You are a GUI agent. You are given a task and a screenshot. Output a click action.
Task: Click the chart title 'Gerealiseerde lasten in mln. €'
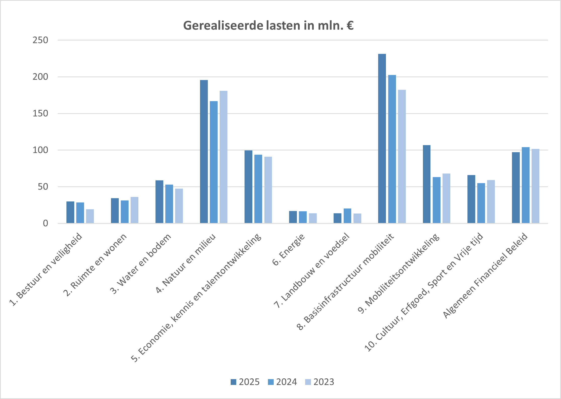click(268, 26)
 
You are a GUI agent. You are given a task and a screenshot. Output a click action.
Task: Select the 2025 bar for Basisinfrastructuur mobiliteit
click(382, 138)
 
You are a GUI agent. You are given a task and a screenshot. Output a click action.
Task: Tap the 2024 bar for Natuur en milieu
click(214, 162)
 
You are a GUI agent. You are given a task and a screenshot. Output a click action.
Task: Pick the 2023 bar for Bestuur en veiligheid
click(90, 216)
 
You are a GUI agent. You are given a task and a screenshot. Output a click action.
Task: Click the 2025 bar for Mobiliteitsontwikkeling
click(426, 184)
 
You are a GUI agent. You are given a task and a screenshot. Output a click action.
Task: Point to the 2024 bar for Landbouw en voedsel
click(347, 216)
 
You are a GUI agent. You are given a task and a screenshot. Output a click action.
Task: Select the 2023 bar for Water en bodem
click(179, 206)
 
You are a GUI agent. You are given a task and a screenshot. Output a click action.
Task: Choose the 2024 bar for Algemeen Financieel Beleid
click(526, 185)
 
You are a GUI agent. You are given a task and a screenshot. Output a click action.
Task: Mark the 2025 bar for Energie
click(293, 217)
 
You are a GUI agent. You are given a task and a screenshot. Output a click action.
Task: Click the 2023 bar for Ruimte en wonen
click(134, 210)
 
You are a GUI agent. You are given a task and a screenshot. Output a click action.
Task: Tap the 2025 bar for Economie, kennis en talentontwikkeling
click(248, 187)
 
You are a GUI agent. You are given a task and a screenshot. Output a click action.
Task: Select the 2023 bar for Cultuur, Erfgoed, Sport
click(491, 202)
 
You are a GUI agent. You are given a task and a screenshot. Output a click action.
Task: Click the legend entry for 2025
click(245, 382)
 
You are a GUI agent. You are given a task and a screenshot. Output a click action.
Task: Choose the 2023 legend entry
click(319, 382)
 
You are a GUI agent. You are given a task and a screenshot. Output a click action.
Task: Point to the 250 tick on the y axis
click(40, 40)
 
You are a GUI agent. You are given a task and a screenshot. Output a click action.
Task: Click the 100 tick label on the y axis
click(40, 150)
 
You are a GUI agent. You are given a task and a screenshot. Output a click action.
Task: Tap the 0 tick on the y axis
click(45, 223)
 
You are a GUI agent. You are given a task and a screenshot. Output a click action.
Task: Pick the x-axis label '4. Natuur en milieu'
click(186, 263)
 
